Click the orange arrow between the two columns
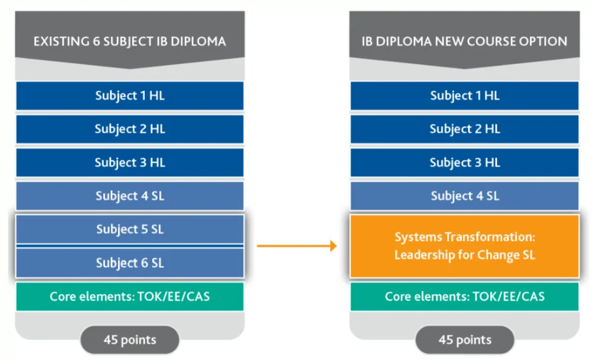point(297,246)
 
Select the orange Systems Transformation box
point(464,246)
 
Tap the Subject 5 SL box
point(130,229)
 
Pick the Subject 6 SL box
point(130,263)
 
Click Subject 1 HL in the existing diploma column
point(130,96)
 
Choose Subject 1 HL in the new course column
point(464,96)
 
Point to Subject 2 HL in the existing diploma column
point(130,129)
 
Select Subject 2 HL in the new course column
point(464,129)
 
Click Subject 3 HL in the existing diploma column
point(130,162)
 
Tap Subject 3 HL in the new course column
point(464,162)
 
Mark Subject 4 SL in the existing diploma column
point(130,196)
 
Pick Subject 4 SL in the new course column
point(464,196)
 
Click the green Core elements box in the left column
point(130,297)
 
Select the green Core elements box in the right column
point(464,297)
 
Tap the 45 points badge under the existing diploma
point(130,340)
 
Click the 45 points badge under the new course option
point(464,340)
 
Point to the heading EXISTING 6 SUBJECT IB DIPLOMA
point(130,42)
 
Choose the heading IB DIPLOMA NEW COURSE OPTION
point(464,42)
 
